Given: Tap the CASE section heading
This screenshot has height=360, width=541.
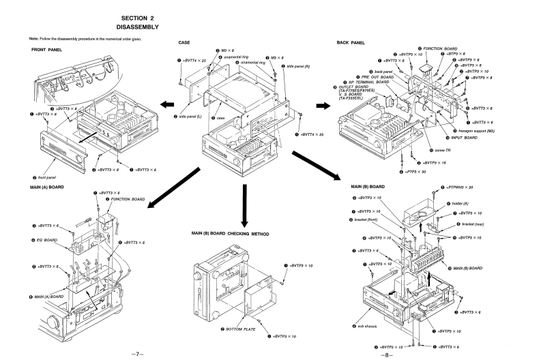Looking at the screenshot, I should pyautogui.click(x=184, y=42).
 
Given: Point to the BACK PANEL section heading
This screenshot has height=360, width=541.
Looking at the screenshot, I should pyautogui.click(x=352, y=42).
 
